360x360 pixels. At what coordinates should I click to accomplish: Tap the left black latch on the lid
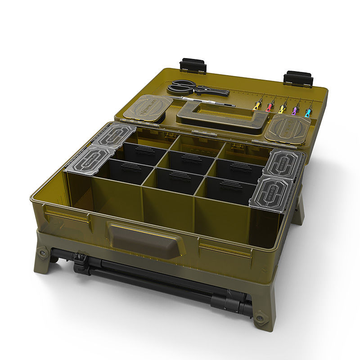193,66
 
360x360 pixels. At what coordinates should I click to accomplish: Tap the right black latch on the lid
298,79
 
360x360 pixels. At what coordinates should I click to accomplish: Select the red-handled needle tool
270,107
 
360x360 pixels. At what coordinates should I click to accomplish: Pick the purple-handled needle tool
295,109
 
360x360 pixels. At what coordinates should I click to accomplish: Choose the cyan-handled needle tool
308,111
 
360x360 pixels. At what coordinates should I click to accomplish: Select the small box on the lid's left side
147,107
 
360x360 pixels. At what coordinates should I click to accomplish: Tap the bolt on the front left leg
44,253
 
